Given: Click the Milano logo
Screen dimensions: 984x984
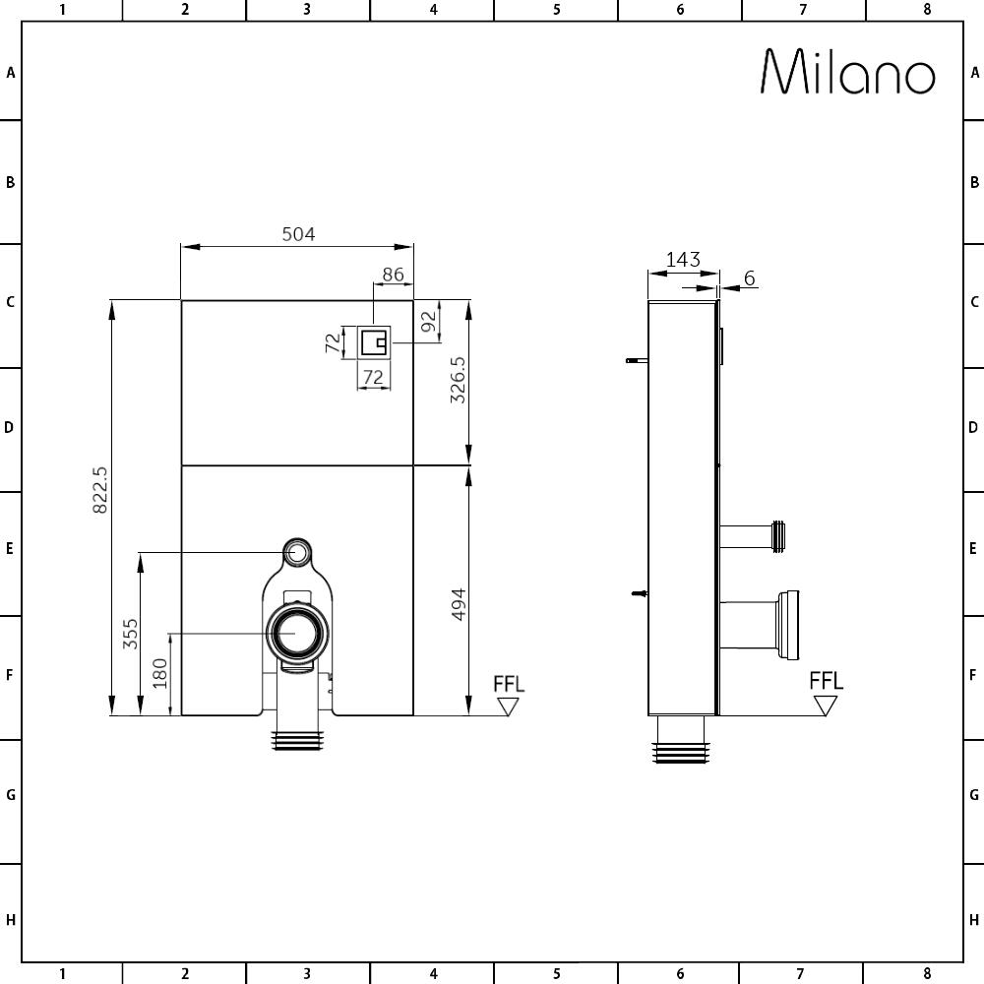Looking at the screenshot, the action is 848,72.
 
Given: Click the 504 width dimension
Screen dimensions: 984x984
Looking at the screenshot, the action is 298,234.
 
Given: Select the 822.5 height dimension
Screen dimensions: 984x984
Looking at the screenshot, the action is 99,489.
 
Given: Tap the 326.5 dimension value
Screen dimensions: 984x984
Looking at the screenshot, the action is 459,380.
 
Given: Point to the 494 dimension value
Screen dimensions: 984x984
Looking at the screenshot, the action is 459,604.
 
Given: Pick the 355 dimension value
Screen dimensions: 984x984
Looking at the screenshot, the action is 130,634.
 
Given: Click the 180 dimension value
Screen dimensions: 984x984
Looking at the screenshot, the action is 160,673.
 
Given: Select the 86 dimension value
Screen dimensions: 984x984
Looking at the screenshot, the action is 393,275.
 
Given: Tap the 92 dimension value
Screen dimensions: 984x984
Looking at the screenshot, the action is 429,322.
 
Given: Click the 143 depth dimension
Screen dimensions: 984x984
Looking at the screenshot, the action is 683,259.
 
